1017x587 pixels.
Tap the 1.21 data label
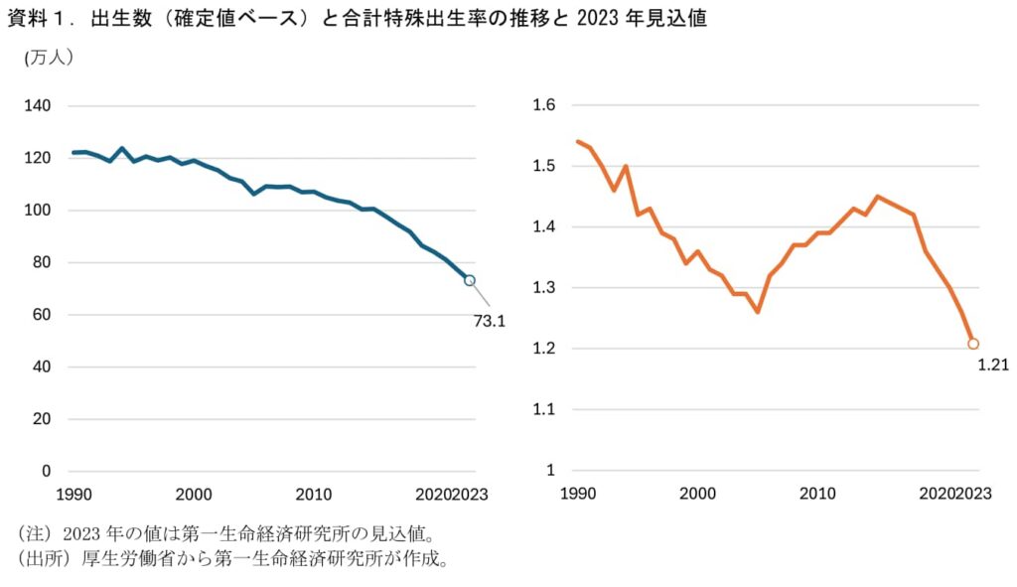993,365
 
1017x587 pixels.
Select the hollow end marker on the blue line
470,280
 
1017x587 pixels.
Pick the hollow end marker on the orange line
973,344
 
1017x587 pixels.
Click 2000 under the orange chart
698,493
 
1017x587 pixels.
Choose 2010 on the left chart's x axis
314,493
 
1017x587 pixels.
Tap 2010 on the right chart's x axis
817,493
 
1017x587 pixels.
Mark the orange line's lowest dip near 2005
758,312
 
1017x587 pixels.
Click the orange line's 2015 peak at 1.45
877,197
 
